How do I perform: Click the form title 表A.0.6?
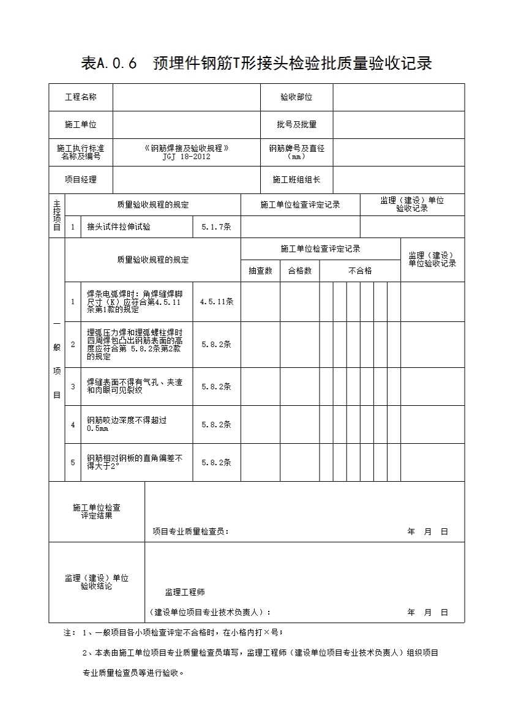[256, 64]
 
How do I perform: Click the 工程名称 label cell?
[81, 97]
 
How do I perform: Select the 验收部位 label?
[296, 97]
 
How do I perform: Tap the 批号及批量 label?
[296, 125]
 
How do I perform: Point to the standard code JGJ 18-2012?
[186, 157]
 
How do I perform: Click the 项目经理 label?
[81, 180]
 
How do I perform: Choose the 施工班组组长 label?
[296, 180]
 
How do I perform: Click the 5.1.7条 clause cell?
[216, 227]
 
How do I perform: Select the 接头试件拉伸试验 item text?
[119, 227]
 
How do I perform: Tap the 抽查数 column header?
[260, 271]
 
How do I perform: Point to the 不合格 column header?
[360, 271]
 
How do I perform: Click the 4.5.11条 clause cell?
[216, 302]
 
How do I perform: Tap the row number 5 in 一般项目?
[73, 463]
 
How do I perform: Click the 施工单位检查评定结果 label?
[97, 512]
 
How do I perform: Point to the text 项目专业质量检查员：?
[191, 532]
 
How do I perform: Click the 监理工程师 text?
[185, 593]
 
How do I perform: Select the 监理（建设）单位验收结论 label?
[97, 582]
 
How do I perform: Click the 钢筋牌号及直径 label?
[296, 152]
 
